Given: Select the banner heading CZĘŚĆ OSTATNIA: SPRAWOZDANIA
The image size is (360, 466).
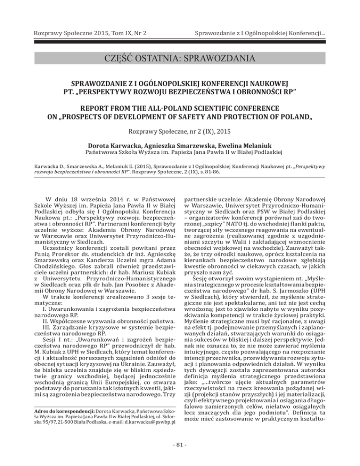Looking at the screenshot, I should coord(180,60).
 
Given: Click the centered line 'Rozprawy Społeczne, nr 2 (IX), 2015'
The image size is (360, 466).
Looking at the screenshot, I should coord(180,133).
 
